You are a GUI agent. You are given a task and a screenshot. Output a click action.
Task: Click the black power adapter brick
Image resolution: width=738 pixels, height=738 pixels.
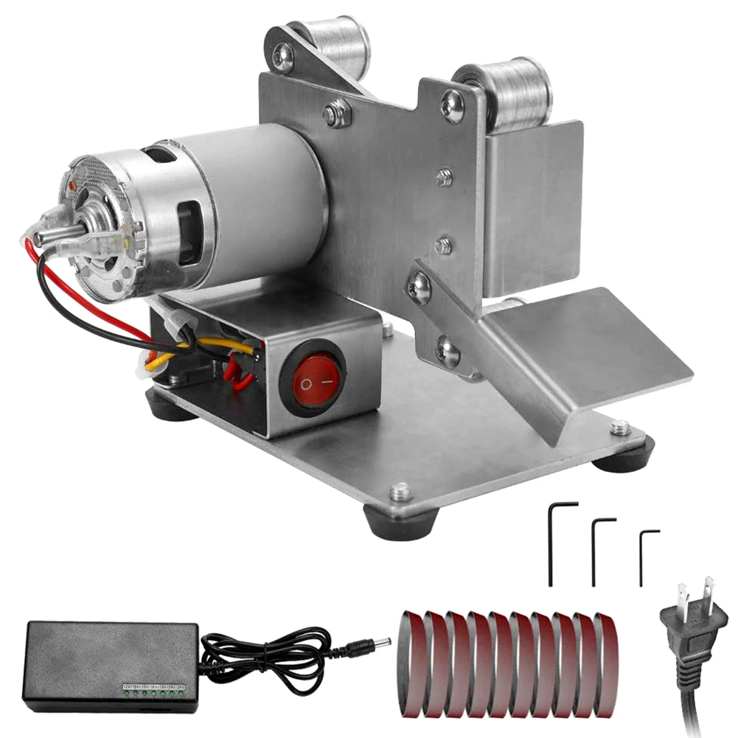pyautogui.click(x=111, y=660)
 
